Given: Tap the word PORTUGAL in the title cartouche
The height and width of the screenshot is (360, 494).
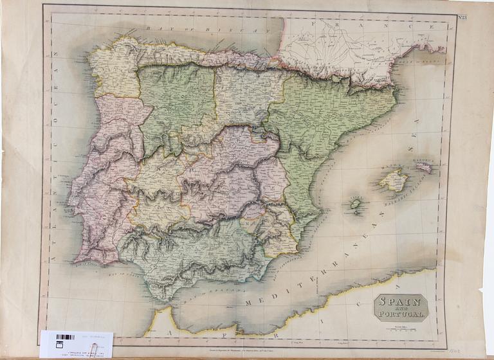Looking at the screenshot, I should [x=401, y=315].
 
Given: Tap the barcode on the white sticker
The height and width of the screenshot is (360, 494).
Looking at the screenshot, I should [x=65, y=337].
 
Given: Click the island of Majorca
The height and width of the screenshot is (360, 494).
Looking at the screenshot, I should [x=393, y=180].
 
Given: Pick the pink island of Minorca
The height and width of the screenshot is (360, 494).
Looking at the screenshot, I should [x=424, y=167].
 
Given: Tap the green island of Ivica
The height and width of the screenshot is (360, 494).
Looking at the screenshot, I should [x=355, y=205].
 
